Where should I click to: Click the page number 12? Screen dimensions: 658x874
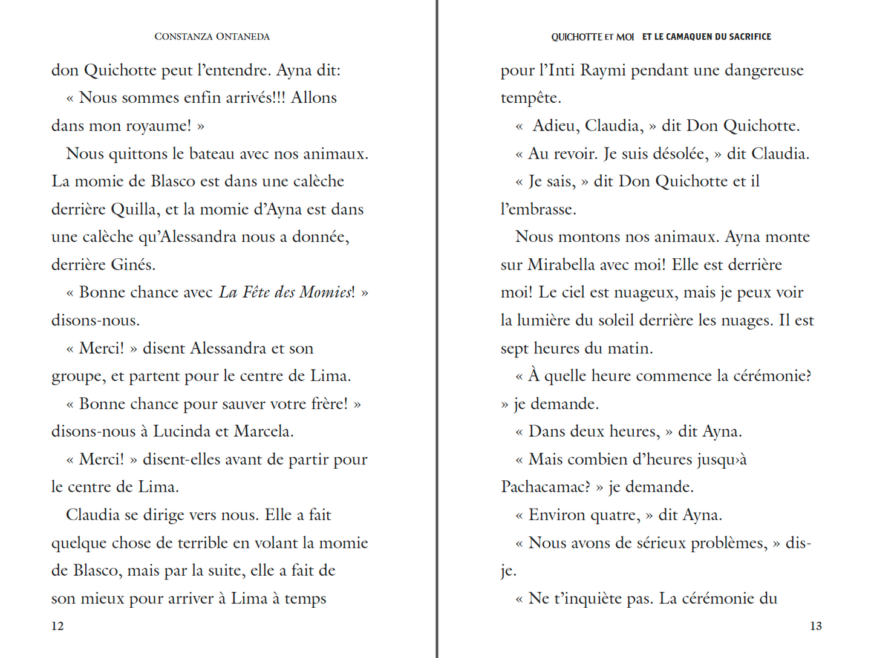point(57,626)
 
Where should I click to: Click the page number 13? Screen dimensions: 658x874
point(816,626)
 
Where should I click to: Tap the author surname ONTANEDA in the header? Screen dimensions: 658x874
point(243,36)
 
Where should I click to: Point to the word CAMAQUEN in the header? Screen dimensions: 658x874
point(690,37)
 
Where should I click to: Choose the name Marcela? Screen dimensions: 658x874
point(263,431)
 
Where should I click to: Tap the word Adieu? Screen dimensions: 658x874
point(553,126)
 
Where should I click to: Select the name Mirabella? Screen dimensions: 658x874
point(566,265)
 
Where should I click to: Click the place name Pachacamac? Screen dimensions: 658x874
point(545,487)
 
